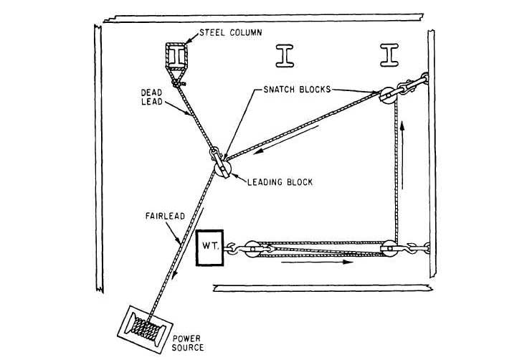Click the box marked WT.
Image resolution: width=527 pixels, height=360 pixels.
[209, 248]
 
